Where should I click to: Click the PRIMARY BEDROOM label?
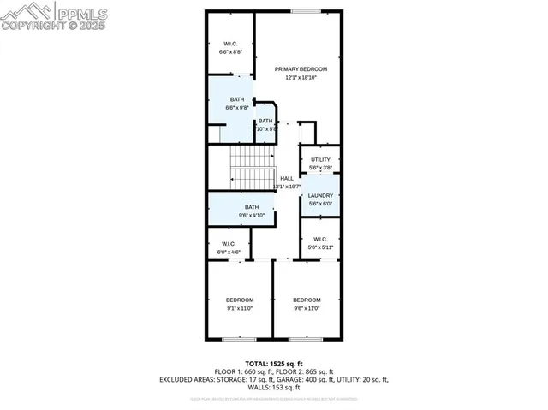[x=301, y=68]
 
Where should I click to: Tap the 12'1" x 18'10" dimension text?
[x=301, y=77]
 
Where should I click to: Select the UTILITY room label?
[x=320, y=159]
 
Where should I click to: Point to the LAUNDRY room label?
[x=320, y=195]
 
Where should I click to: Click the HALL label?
[x=286, y=178]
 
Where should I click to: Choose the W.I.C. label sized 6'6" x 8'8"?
[x=230, y=44]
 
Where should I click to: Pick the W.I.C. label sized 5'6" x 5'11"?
[x=320, y=239]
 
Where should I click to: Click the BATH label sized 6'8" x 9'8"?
[x=236, y=99]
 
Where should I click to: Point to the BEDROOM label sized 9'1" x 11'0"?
[x=240, y=300]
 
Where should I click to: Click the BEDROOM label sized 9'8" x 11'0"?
[x=307, y=300]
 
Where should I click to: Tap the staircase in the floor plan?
[x=253, y=167]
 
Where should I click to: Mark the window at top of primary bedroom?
[x=305, y=11]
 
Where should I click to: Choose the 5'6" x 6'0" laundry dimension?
[x=320, y=204]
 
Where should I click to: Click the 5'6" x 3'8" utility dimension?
[x=320, y=168]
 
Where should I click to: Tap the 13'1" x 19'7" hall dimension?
[x=286, y=187]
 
